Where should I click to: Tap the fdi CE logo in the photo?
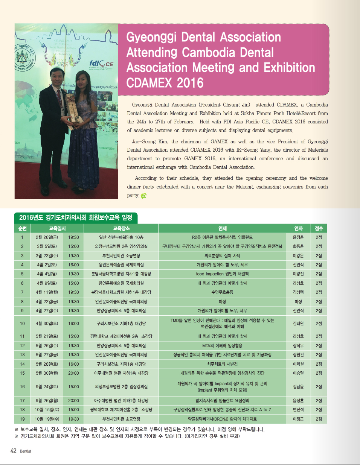pyautogui.click(x=101, y=64)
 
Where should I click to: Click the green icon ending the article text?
pyautogui.click(x=143, y=196)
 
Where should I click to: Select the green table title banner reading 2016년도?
pyautogui.click(x=75, y=217)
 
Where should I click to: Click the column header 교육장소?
pyautogui.click(x=121, y=228)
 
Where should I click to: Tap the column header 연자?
pyautogui.click(x=298, y=228)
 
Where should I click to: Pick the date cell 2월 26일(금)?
pyautogui.click(x=47, y=237)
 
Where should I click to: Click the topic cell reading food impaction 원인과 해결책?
pyautogui.click(x=222, y=274)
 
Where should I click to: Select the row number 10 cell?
pyautogui.click(x=22, y=324)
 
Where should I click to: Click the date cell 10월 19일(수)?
pyautogui.click(x=47, y=419)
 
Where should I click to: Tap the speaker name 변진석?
pyautogui.click(x=298, y=410)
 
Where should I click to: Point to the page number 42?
pyautogui.click(x=13, y=451)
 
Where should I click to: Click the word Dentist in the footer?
pyautogui.click(x=26, y=451)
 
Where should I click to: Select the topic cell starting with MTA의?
pyautogui.click(x=222, y=346)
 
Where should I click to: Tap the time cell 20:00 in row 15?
pyautogui.click(x=73, y=373)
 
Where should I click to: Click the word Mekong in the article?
pyautogui.click(x=244, y=187)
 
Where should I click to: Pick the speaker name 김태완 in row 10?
pyautogui.click(x=298, y=324)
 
